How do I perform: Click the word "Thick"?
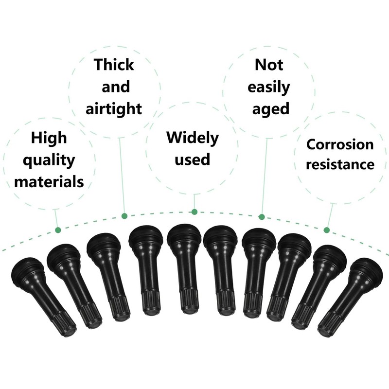114,64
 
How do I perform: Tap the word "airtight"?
114,108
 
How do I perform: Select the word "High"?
49,138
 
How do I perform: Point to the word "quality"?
49,160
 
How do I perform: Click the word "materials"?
49,182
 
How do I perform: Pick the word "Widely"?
193,137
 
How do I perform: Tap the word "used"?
193,159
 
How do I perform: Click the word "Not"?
269,64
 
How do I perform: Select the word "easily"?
269,87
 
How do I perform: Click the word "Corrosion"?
340,144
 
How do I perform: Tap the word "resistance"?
340,164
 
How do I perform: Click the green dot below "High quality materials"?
58,230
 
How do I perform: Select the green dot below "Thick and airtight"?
124,215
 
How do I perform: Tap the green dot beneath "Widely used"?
194,212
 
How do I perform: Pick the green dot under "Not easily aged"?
261,216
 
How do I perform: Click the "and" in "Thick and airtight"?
116,87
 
